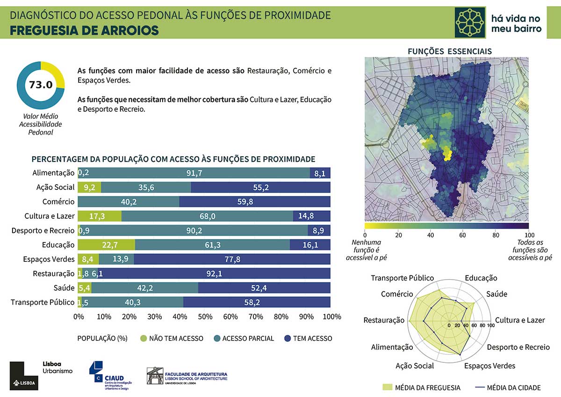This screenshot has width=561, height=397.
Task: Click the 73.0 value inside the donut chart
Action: (41, 85)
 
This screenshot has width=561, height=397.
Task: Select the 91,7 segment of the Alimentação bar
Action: (194, 173)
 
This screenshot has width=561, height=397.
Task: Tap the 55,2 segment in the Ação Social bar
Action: (260, 188)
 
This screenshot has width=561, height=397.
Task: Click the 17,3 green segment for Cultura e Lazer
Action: (100, 216)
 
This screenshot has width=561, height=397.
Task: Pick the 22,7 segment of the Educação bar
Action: (106, 245)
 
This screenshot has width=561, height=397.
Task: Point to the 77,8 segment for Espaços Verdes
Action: (232, 259)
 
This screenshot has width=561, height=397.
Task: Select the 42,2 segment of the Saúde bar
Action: (145, 288)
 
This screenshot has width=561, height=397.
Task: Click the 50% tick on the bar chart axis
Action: (205, 317)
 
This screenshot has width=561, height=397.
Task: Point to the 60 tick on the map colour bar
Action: (462, 235)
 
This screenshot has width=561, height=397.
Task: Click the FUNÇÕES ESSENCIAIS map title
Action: (450, 51)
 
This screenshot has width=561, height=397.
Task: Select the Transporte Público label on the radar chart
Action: (402, 278)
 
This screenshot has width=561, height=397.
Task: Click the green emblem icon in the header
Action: (470, 22)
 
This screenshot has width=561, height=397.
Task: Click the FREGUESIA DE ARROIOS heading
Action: (84, 31)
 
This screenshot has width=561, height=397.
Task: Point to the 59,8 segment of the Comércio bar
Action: (255, 202)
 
